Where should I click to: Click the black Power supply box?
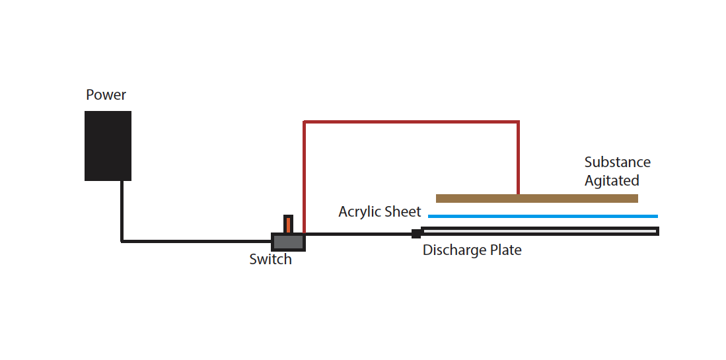[x=108, y=146]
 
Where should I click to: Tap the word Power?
[x=106, y=95]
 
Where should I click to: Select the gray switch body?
[x=288, y=242]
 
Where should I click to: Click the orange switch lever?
[x=289, y=225]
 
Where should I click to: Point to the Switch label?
[x=271, y=259]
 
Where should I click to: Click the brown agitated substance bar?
[x=537, y=199]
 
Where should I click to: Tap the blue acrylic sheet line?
[x=542, y=216]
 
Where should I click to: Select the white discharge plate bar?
[x=540, y=231]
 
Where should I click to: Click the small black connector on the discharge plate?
[x=416, y=234]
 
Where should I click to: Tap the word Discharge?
[x=454, y=250]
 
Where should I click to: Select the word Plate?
[x=505, y=250]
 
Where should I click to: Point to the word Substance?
[x=617, y=162]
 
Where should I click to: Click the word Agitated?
[x=612, y=180]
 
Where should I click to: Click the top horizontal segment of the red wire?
[x=411, y=122]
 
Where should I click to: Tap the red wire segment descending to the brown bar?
[x=518, y=159]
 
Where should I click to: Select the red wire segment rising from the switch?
[x=304, y=177]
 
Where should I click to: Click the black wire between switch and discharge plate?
[x=359, y=234]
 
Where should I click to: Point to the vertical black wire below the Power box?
[x=122, y=211]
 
